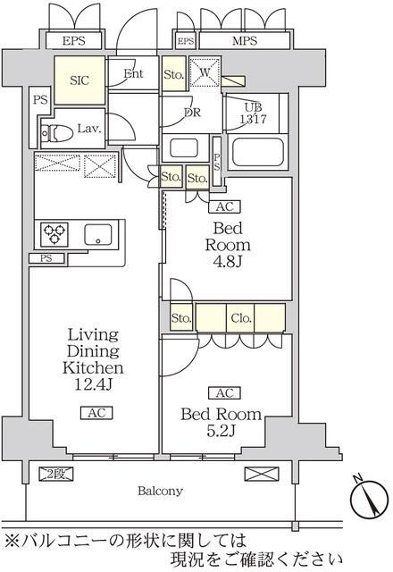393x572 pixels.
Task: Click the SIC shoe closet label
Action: pos(79,80)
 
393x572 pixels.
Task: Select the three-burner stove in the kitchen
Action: pos(54,232)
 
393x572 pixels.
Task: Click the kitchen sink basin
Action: pos(98,234)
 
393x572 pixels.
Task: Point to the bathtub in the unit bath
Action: pos(258,151)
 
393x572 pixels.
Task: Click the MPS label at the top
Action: pos(245,41)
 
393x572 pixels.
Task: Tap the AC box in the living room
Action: pos(96,413)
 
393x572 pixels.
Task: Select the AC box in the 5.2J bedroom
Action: pos(224,393)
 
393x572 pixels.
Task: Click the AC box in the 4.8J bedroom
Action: pos(224,206)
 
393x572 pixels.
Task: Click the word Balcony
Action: pos(160,491)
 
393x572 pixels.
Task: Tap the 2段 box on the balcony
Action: pos(56,474)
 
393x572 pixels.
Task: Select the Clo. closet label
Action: pos(241,318)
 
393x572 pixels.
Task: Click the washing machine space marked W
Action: pos(205,71)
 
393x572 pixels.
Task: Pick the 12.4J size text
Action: pos(93,384)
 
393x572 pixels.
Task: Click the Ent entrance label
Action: pos(133,73)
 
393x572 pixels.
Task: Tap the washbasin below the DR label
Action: pos(184,147)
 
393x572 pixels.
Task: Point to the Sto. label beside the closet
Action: pos(181,318)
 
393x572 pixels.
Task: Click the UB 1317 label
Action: pos(254,114)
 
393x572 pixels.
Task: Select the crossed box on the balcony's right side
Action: pos(261,474)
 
